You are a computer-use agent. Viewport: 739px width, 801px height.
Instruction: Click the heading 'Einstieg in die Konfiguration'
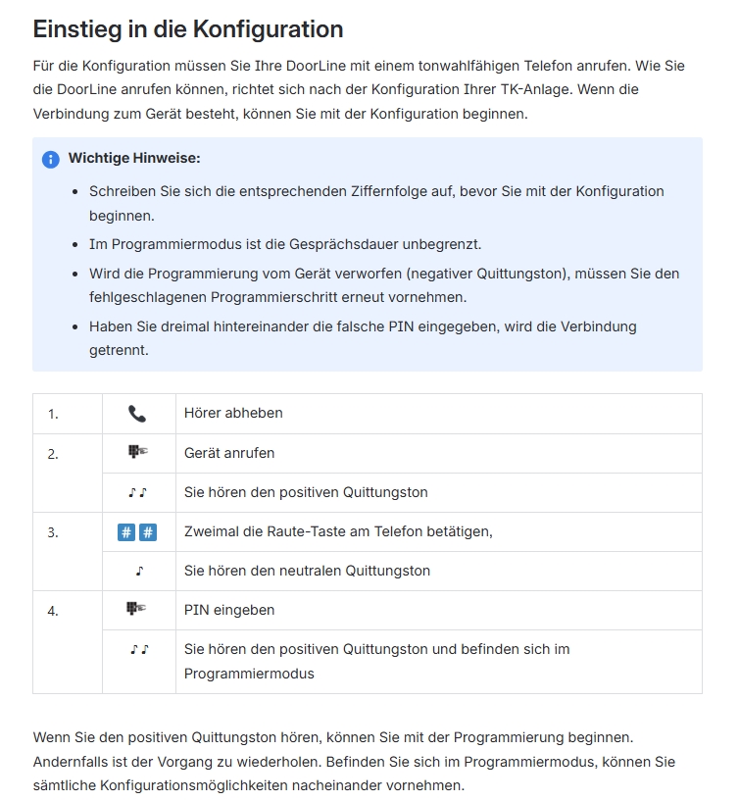click(x=188, y=28)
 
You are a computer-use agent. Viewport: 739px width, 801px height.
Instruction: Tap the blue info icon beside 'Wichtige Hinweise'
click(x=51, y=159)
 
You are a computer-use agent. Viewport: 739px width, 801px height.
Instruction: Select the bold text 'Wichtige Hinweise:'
click(x=134, y=158)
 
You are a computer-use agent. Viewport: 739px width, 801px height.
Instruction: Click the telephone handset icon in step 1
click(x=137, y=414)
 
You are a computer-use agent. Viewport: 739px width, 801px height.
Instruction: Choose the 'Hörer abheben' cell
click(x=233, y=413)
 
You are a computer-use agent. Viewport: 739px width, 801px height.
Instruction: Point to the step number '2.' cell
click(x=53, y=454)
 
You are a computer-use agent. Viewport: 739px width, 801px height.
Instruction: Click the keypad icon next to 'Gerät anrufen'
click(x=137, y=453)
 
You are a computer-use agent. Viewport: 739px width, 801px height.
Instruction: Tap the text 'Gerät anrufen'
click(x=229, y=453)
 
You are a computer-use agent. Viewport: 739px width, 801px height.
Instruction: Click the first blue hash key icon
click(x=126, y=532)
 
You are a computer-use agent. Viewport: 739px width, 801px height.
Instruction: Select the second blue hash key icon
click(x=148, y=532)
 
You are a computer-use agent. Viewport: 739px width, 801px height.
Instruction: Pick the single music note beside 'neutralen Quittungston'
click(x=139, y=571)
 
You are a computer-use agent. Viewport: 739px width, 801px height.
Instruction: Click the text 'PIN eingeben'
click(x=229, y=610)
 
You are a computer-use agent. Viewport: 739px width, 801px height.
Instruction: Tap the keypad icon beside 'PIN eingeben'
click(x=137, y=610)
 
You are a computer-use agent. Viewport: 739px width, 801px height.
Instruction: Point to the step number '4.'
click(x=53, y=611)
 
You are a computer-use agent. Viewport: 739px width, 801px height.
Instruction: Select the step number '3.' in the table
click(x=53, y=532)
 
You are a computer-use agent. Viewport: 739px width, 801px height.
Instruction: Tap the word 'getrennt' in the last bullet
click(x=119, y=349)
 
